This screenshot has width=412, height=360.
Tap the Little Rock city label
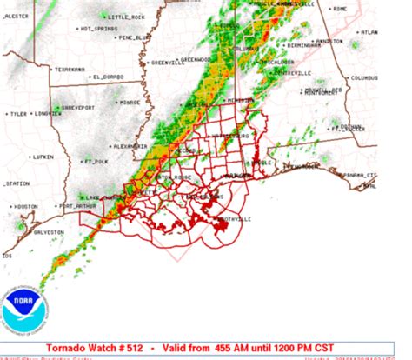pos(127,17)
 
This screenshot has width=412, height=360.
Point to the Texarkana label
pos(70,69)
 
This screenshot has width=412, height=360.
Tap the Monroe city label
pos(130,103)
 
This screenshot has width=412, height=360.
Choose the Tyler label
pos(18,114)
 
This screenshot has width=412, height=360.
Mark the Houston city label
pos(26,206)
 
